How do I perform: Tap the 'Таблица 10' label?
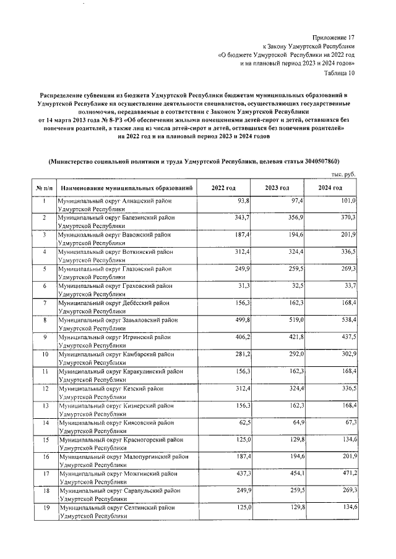coord(340,72)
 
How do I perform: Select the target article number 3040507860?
coord(314,162)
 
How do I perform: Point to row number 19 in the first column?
coord(45,508)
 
